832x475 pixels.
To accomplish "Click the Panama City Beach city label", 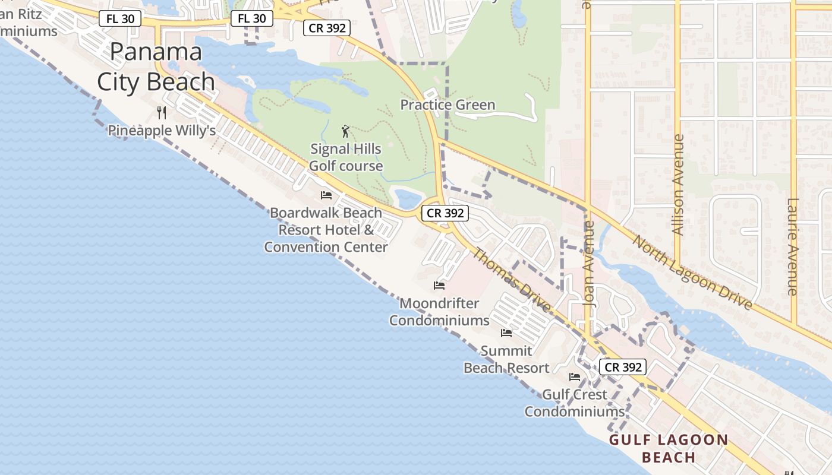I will tap(156, 66).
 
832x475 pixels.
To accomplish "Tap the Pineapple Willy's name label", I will tap(162, 131).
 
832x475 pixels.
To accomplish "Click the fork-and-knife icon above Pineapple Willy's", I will tap(161, 112).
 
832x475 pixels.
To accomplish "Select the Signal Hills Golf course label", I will tap(346, 157).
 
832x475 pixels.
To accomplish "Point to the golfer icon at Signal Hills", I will tap(345, 131).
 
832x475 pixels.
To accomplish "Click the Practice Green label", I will tap(447, 105).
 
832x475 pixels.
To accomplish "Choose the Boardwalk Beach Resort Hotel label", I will tap(326, 230).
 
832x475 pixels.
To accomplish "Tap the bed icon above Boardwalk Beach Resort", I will tap(326, 195).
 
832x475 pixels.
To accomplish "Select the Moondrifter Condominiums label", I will tap(439, 312).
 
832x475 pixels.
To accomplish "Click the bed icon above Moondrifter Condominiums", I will tap(439, 286).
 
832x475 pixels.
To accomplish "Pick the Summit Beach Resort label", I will tap(506, 359).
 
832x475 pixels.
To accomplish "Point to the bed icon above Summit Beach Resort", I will tap(506, 332).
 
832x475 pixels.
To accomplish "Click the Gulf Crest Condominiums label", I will tap(574, 403).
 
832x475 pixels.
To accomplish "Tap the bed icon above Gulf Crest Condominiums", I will tap(574, 376).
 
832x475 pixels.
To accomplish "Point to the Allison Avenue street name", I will tap(678, 184).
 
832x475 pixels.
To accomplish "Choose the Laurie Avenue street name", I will tap(792, 246).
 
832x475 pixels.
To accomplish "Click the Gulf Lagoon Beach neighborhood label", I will tap(669, 448).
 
